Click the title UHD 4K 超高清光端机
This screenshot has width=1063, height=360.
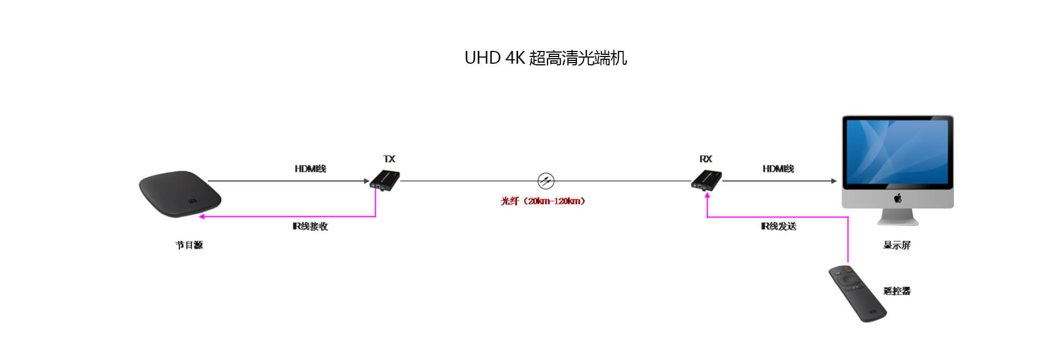coord(545,58)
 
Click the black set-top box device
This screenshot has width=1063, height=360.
coord(180,193)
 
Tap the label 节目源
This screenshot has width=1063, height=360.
coord(189,245)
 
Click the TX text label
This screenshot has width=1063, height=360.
coord(389,159)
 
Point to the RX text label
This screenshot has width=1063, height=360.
coord(705,159)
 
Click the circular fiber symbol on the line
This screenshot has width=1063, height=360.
coord(546,181)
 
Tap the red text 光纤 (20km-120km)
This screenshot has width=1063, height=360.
coord(543,201)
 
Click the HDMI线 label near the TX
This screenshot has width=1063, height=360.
coord(310,168)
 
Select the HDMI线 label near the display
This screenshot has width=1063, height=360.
coord(778,168)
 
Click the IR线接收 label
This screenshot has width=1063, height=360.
coord(310,226)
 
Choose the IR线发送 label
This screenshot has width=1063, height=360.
coord(778,226)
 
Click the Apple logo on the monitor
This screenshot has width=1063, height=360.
coord(897,198)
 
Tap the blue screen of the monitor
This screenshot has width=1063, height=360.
coord(897,152)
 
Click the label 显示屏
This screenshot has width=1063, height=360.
coord(896,245)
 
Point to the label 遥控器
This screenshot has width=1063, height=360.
coord(896,291)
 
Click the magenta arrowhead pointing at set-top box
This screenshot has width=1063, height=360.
coord(202,217)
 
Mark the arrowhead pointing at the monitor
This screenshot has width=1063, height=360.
coord(834,181)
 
